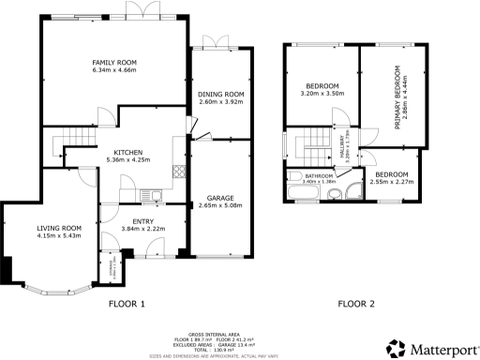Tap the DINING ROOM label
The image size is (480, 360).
click(x=220, y=95)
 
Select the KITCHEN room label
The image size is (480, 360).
click(x=127, y=152)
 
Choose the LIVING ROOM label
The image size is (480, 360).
click(x=59, y=228)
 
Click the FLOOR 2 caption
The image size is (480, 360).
click(x=357, y=303)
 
